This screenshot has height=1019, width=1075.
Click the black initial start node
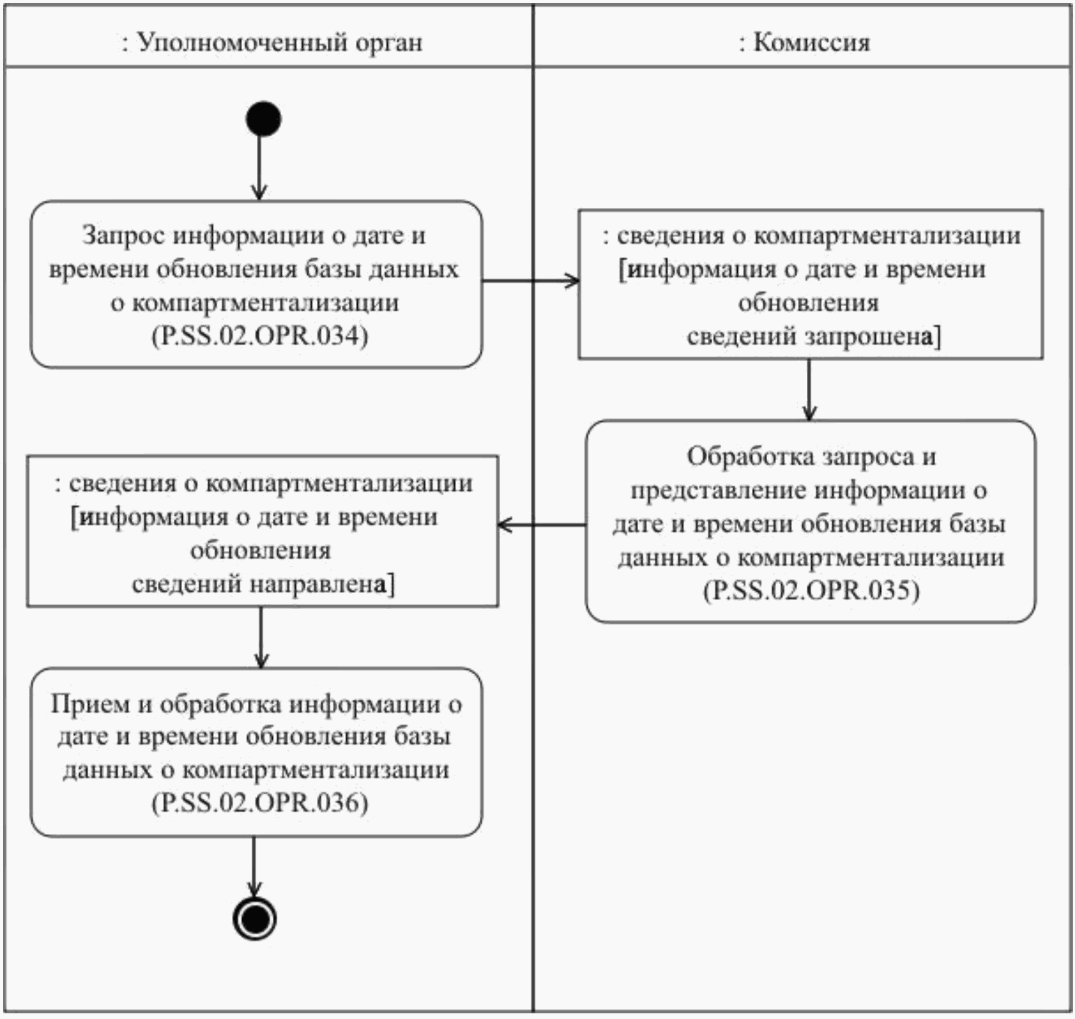(x=264, y=119)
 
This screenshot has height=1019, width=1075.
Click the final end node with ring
(x=255, y=918)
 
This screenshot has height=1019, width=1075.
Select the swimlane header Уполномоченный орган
(x=272, y=42)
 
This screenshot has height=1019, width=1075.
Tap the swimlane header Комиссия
(x=804, y=42)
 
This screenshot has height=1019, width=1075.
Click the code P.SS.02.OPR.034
(x=260, y=336)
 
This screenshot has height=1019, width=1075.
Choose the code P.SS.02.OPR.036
(x=260, y=803)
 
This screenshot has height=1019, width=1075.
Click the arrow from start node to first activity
(x=259, y=167)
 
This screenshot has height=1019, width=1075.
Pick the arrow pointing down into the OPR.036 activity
(x=261, y=637)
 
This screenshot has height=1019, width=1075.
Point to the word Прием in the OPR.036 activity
(x=91, y=704)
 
